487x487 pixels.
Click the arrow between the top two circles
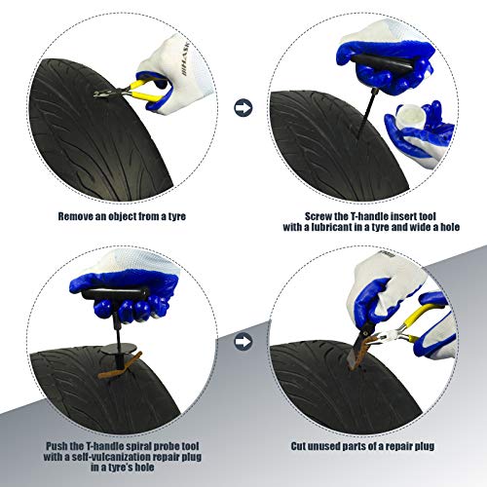tap(243, 108)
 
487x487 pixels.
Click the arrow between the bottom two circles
tap(243, 341)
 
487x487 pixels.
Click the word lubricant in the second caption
tap(331, 227)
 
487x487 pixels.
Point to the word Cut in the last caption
tap(298, 446)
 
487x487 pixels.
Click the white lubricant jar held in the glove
tap(409, 116)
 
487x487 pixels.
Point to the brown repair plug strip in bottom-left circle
tap(120, 366)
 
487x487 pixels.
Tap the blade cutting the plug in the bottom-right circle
tap(358, 348)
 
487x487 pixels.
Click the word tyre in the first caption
tap(177, 216)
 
